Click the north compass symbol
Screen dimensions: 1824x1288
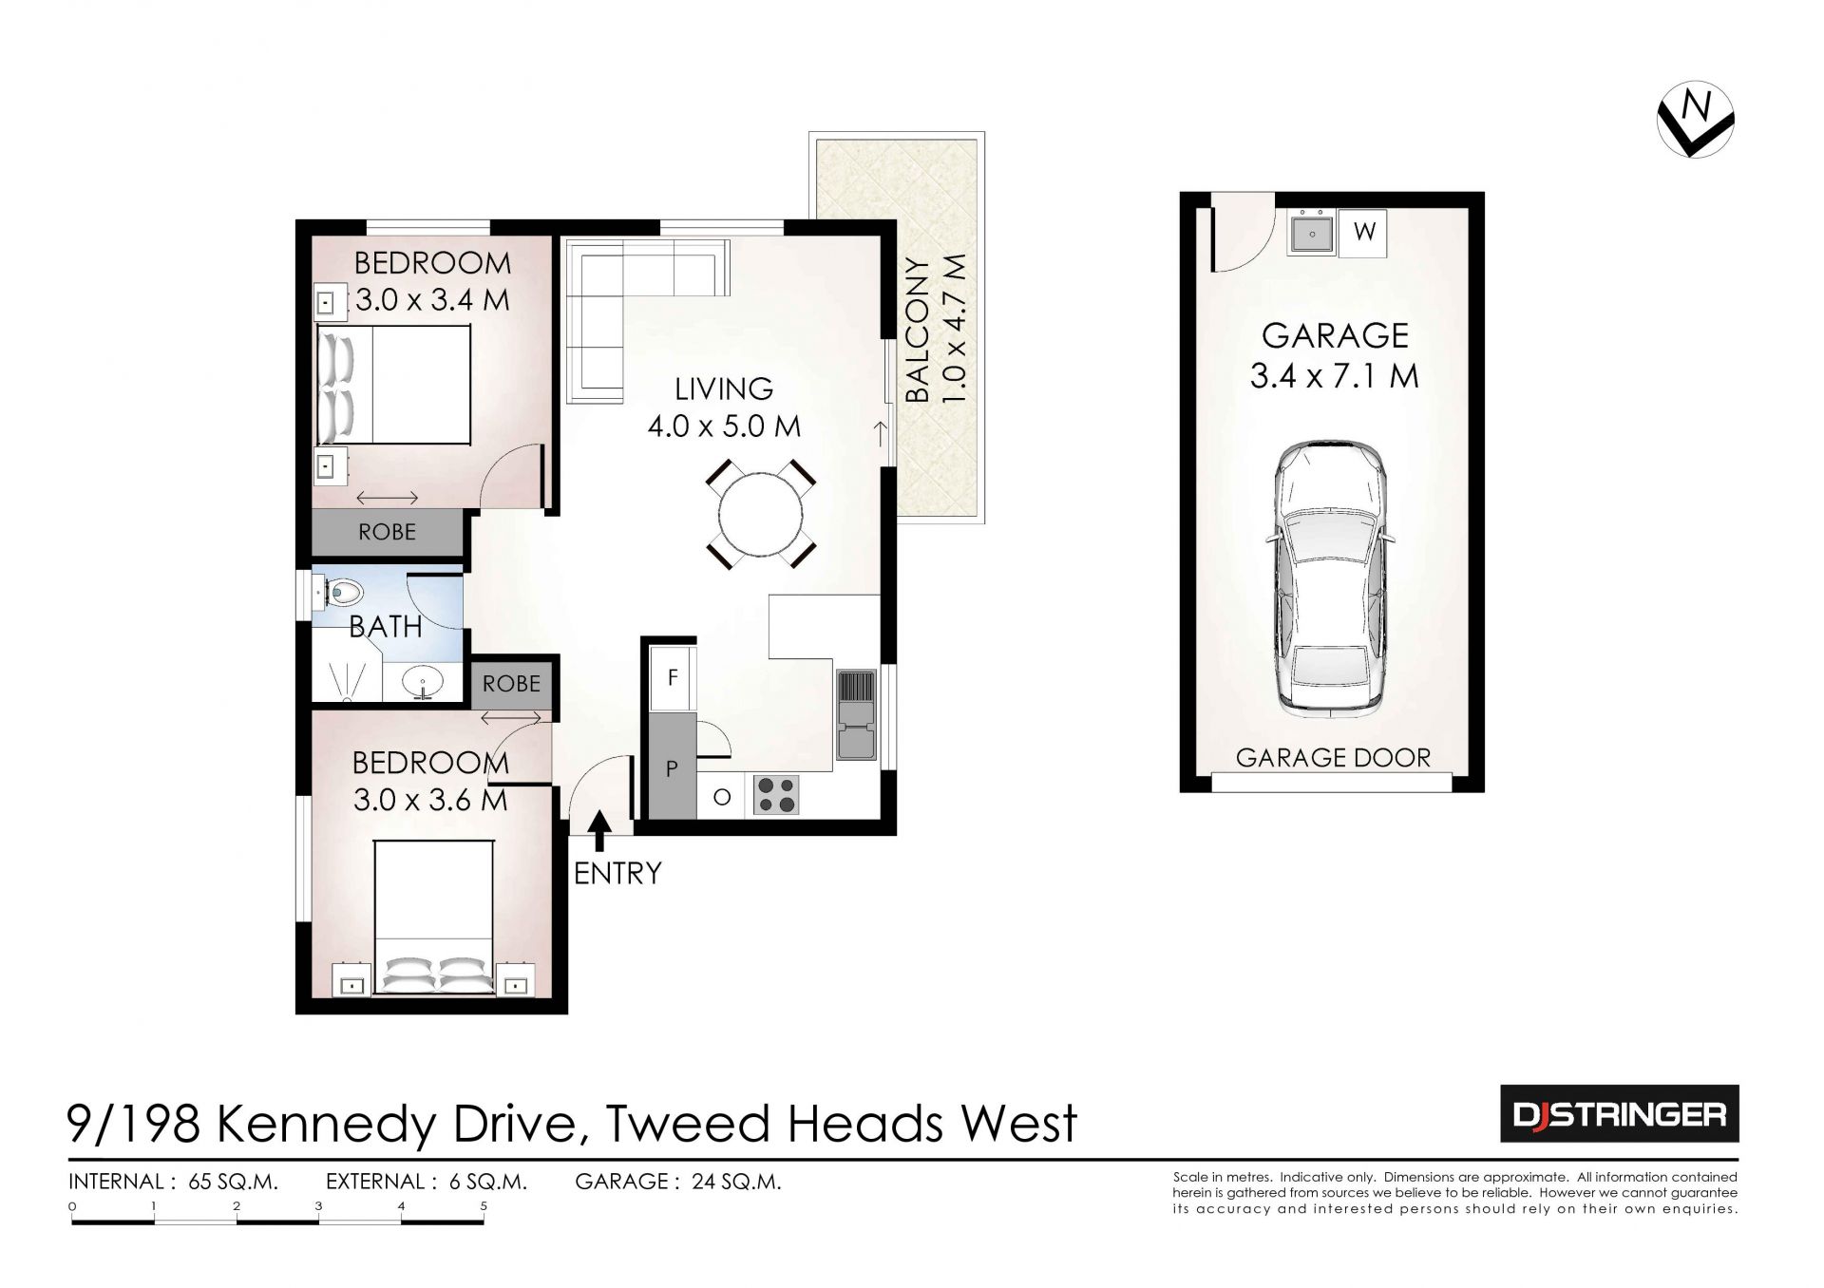tap(1696, 119)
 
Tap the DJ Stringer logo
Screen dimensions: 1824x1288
tap(1619, 1113)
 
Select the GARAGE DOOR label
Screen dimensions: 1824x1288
tap(1333, 757)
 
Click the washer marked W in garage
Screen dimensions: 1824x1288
tap(1363, 232)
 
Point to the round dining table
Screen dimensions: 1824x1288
tap(760, 515)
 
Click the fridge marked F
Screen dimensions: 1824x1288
tap(673, 677)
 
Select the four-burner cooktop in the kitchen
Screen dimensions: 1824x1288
tap(776, 795)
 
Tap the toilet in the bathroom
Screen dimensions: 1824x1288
tap(339, 594)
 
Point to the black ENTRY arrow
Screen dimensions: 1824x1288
tap(599, 832)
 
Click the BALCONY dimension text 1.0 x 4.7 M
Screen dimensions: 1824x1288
tap(955, 329)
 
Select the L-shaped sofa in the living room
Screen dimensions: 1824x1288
tap(626, 306)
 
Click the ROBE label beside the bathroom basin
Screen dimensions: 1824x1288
tap(511, 683)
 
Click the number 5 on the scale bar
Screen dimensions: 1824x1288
tap(484, 1206)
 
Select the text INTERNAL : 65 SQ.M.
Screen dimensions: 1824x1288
tap(173, 1182)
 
